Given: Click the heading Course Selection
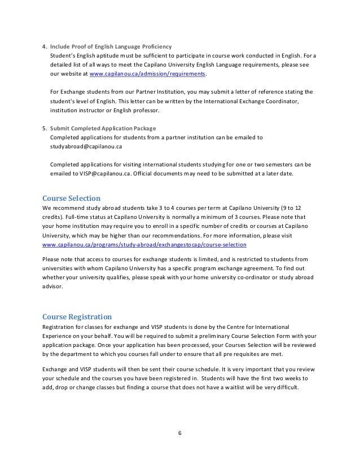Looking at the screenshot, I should [72, 198].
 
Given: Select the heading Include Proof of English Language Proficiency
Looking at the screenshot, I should [111, 46].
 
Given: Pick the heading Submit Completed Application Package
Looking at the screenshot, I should [103, 128].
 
